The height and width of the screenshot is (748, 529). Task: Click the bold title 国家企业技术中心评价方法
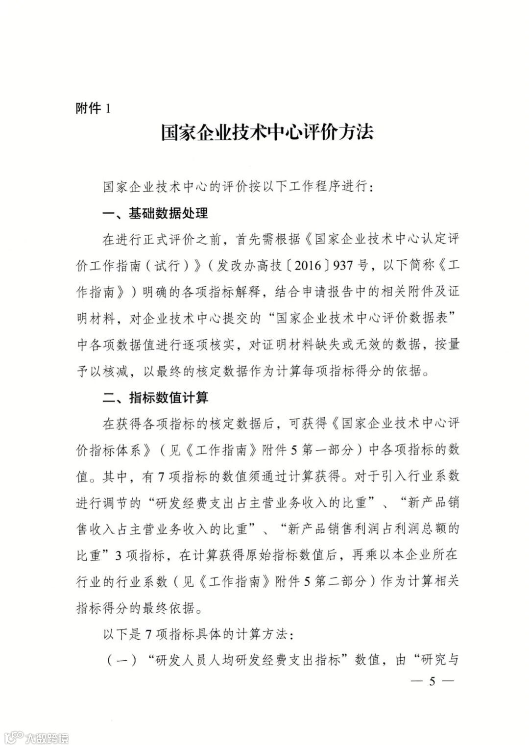(x=267, y=133)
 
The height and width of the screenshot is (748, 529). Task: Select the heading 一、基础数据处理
(x=155, y=214)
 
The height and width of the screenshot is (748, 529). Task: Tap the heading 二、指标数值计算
(x=155, y=397)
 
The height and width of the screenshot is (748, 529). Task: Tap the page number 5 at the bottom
(x=432, y=682)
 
